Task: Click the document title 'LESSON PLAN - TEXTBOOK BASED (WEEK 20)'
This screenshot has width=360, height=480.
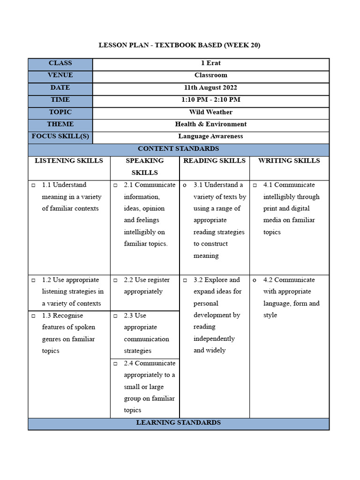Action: pos(179,45)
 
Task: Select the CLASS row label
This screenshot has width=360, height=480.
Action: pos(60,63)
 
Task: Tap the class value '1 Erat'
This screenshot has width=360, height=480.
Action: pos(211,63)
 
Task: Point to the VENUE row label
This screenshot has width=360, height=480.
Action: pos(60,75)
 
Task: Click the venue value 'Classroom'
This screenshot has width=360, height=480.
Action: pos(211,75)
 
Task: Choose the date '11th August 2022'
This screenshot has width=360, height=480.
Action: pos(210,88)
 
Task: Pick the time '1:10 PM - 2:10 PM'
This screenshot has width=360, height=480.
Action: pos(211,100)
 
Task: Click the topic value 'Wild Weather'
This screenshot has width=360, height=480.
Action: pos(211,112)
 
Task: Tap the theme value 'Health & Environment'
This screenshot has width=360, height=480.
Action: pos(211,124)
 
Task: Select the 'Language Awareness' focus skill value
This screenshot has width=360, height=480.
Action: pos(210,136)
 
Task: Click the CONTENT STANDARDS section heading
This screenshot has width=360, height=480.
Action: pos(179,149)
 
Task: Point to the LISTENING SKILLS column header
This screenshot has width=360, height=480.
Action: pos(69,161)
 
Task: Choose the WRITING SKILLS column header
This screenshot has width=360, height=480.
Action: pos(289,161)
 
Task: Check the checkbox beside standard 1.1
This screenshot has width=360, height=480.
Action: pos(33,185)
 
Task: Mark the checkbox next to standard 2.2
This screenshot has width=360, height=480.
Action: pos(115,280)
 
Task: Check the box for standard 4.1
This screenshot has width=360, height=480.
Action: pos(255,185)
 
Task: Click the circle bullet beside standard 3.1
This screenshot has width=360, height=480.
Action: pos(185,185)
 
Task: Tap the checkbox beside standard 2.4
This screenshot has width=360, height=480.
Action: pos(115,363)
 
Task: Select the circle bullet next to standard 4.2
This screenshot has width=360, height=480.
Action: pos(255,280)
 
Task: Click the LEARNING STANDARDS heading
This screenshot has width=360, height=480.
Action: pos(179,423)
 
